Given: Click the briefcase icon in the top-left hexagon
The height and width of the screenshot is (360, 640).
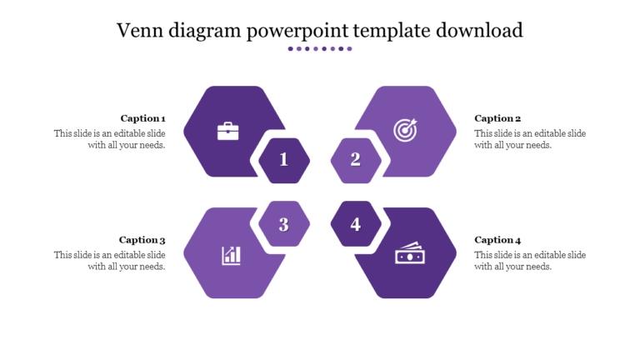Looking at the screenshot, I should click(x=227, y=131).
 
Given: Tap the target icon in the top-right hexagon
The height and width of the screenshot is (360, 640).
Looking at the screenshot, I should click(x=405, y=131).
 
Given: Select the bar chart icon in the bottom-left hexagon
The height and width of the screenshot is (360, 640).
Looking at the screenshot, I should click(x=232, y=255).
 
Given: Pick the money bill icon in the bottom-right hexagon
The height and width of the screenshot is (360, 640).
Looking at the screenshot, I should click(x=409, y=253).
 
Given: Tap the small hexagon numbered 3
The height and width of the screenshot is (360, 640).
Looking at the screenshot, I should click(x=284, y=224).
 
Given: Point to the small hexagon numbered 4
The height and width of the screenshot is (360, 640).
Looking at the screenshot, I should click(x=356, y=224).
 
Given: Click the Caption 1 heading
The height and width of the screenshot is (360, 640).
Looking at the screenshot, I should click(x=142, y=118).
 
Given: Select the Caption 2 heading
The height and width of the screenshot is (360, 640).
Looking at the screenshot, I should click(x=497, y=118).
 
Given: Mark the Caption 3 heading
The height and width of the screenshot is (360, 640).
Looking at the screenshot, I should click(x=142, y=240).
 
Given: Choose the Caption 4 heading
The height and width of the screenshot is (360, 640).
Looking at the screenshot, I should click(x=497, y=240).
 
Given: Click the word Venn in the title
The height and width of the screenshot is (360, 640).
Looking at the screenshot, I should click(x=138, y=31).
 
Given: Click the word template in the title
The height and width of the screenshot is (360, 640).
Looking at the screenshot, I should click(x=390, y=31).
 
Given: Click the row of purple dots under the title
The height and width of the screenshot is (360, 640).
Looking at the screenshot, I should click(x=320, y=49).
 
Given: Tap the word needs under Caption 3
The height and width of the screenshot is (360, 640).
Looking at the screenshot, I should click(x=150, y=267).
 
